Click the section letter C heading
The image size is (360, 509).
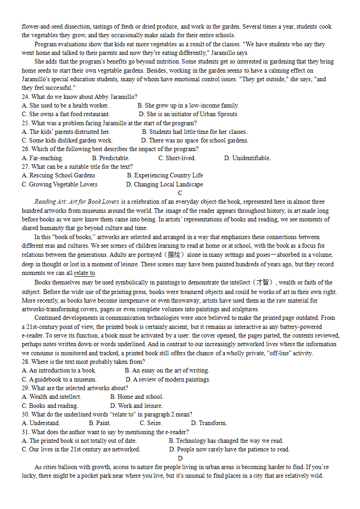[180, 193]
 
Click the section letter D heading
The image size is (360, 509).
[180, 458]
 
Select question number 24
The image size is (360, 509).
[25, 97]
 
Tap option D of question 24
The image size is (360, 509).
[188, 114]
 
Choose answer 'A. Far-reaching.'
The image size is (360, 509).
[43, 158]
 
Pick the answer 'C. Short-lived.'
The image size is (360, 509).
[177, 158]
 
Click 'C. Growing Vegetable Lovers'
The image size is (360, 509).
[59, 184]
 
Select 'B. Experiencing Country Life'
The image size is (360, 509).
[165, 175]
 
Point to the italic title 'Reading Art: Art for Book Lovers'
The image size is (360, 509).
[77, 202]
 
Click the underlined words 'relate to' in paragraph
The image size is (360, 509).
[84, 273]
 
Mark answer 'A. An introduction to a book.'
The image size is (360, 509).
[59, 370]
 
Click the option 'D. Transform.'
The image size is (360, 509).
[209, 423]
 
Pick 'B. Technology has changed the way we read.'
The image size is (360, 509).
[226, 440]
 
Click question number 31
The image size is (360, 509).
[25, 432]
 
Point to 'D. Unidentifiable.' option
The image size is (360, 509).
[247, 158]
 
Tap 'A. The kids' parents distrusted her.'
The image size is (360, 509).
[66, 132]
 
